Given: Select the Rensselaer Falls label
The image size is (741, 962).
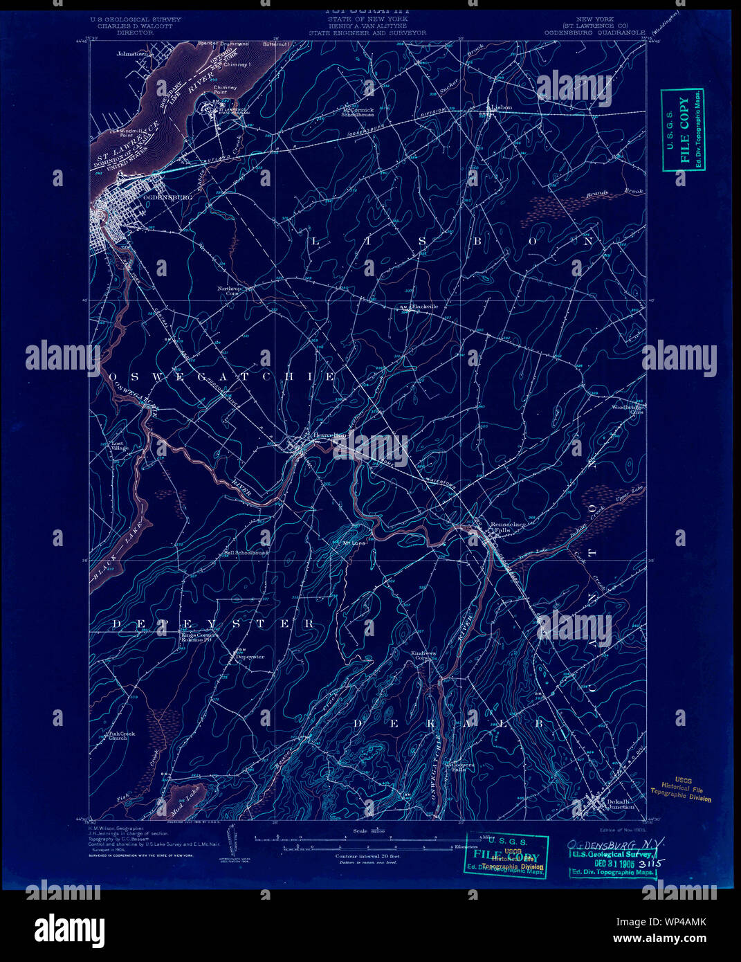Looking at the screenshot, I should [508, 527].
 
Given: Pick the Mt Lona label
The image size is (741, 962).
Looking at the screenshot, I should [354, 543].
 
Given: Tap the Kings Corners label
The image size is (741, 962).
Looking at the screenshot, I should [199, 635].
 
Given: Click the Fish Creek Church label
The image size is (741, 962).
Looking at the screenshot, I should [122, 736].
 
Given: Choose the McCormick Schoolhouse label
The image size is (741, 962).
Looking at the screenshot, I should [358, 112].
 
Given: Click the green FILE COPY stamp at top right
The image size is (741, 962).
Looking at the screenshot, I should [683, 129].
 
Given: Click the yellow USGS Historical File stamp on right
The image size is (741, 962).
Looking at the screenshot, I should [681, 789].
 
